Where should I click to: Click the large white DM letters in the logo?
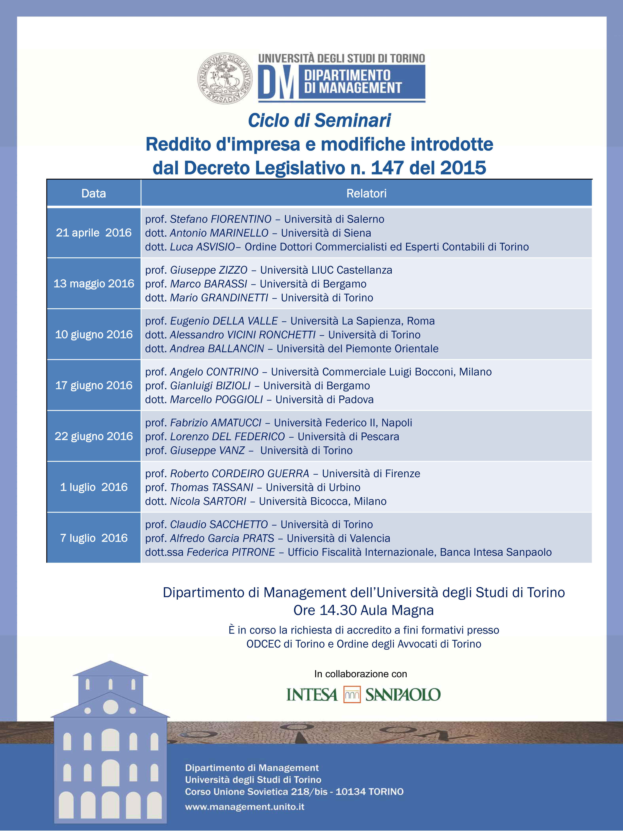point(278,83)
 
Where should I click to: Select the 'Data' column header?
point(94,194)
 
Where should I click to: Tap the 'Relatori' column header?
point(366,194)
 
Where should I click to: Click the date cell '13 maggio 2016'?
point(94,284)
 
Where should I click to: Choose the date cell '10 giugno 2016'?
point(94,334)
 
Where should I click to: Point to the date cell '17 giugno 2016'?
point(94,385)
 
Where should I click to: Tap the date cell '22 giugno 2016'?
point(94,436)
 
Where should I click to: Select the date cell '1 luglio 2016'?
point(94,487)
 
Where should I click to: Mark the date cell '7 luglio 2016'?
point(94,538)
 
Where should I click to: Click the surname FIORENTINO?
point(241,219)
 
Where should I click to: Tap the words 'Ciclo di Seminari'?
point(319,120)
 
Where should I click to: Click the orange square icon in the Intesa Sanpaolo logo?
point(352,695)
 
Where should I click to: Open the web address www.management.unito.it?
point(244,807)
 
